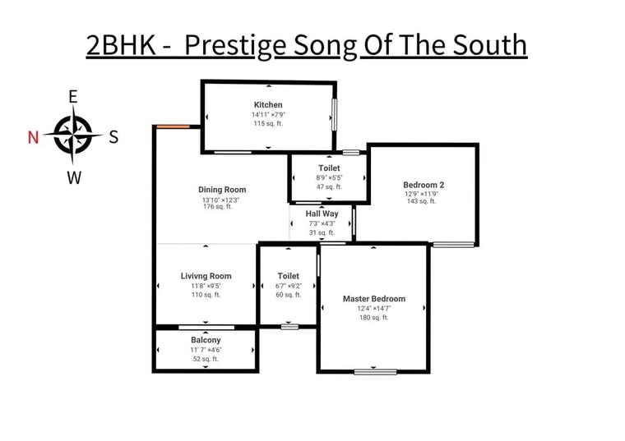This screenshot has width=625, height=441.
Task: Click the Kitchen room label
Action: coord(268,104)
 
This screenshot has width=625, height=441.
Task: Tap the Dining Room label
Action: coord(222,190)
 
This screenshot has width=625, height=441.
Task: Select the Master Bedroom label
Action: coord(374,298)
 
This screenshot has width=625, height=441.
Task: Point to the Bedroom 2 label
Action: coord(424,185)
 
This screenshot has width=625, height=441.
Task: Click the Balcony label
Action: coord(206,340)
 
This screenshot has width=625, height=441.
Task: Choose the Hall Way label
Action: coord(322,214)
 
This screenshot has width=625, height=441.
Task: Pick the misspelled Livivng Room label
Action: coord(206,276)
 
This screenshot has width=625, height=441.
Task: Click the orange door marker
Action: coord(173,126)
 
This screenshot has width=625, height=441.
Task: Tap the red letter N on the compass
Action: coord(33,137)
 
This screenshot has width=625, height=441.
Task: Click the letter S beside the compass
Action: coord(113,137)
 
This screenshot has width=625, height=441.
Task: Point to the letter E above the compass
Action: coord(73,97)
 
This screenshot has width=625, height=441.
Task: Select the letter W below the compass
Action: coord(74,177)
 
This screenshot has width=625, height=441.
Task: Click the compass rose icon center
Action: coord(73,135)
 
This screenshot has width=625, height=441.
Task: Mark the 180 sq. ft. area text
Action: coord(373,317)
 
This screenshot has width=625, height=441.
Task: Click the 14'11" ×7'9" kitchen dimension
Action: coord(268,115)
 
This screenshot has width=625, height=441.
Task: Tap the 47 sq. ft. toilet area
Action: coord(329,186)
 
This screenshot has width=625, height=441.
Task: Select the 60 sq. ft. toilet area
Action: coord(288,295)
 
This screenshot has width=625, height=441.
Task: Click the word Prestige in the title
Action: coord(235,45)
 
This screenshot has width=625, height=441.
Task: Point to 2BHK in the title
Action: coord(121,44)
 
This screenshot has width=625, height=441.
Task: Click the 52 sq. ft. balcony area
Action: coord(206,359)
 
